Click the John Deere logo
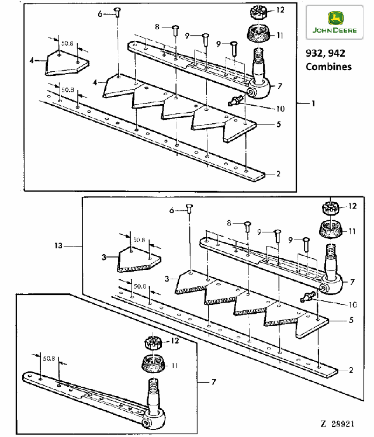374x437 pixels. point(334,22)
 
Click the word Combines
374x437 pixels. point(328,67)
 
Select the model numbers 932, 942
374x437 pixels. point(325,53)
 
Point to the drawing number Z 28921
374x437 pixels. point(337,424)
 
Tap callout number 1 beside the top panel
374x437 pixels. point(313,103)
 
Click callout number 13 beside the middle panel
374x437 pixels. point(58,246)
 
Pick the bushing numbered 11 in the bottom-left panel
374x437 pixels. point(153,363)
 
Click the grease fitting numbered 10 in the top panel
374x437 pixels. point(236,100)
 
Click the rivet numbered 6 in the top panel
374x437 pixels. point(117,12)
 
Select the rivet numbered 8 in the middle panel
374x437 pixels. point(247,226)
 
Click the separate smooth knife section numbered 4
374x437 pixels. point(67,63)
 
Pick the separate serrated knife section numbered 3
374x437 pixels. point(139,259)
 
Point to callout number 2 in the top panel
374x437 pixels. point(278,174)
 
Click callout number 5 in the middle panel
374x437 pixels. point(351,320)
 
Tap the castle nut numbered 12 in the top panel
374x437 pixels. point(258,12)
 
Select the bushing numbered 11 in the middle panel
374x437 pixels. point(330,230)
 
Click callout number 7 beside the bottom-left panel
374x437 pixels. point(214,381)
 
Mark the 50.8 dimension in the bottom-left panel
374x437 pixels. point(49,358)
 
